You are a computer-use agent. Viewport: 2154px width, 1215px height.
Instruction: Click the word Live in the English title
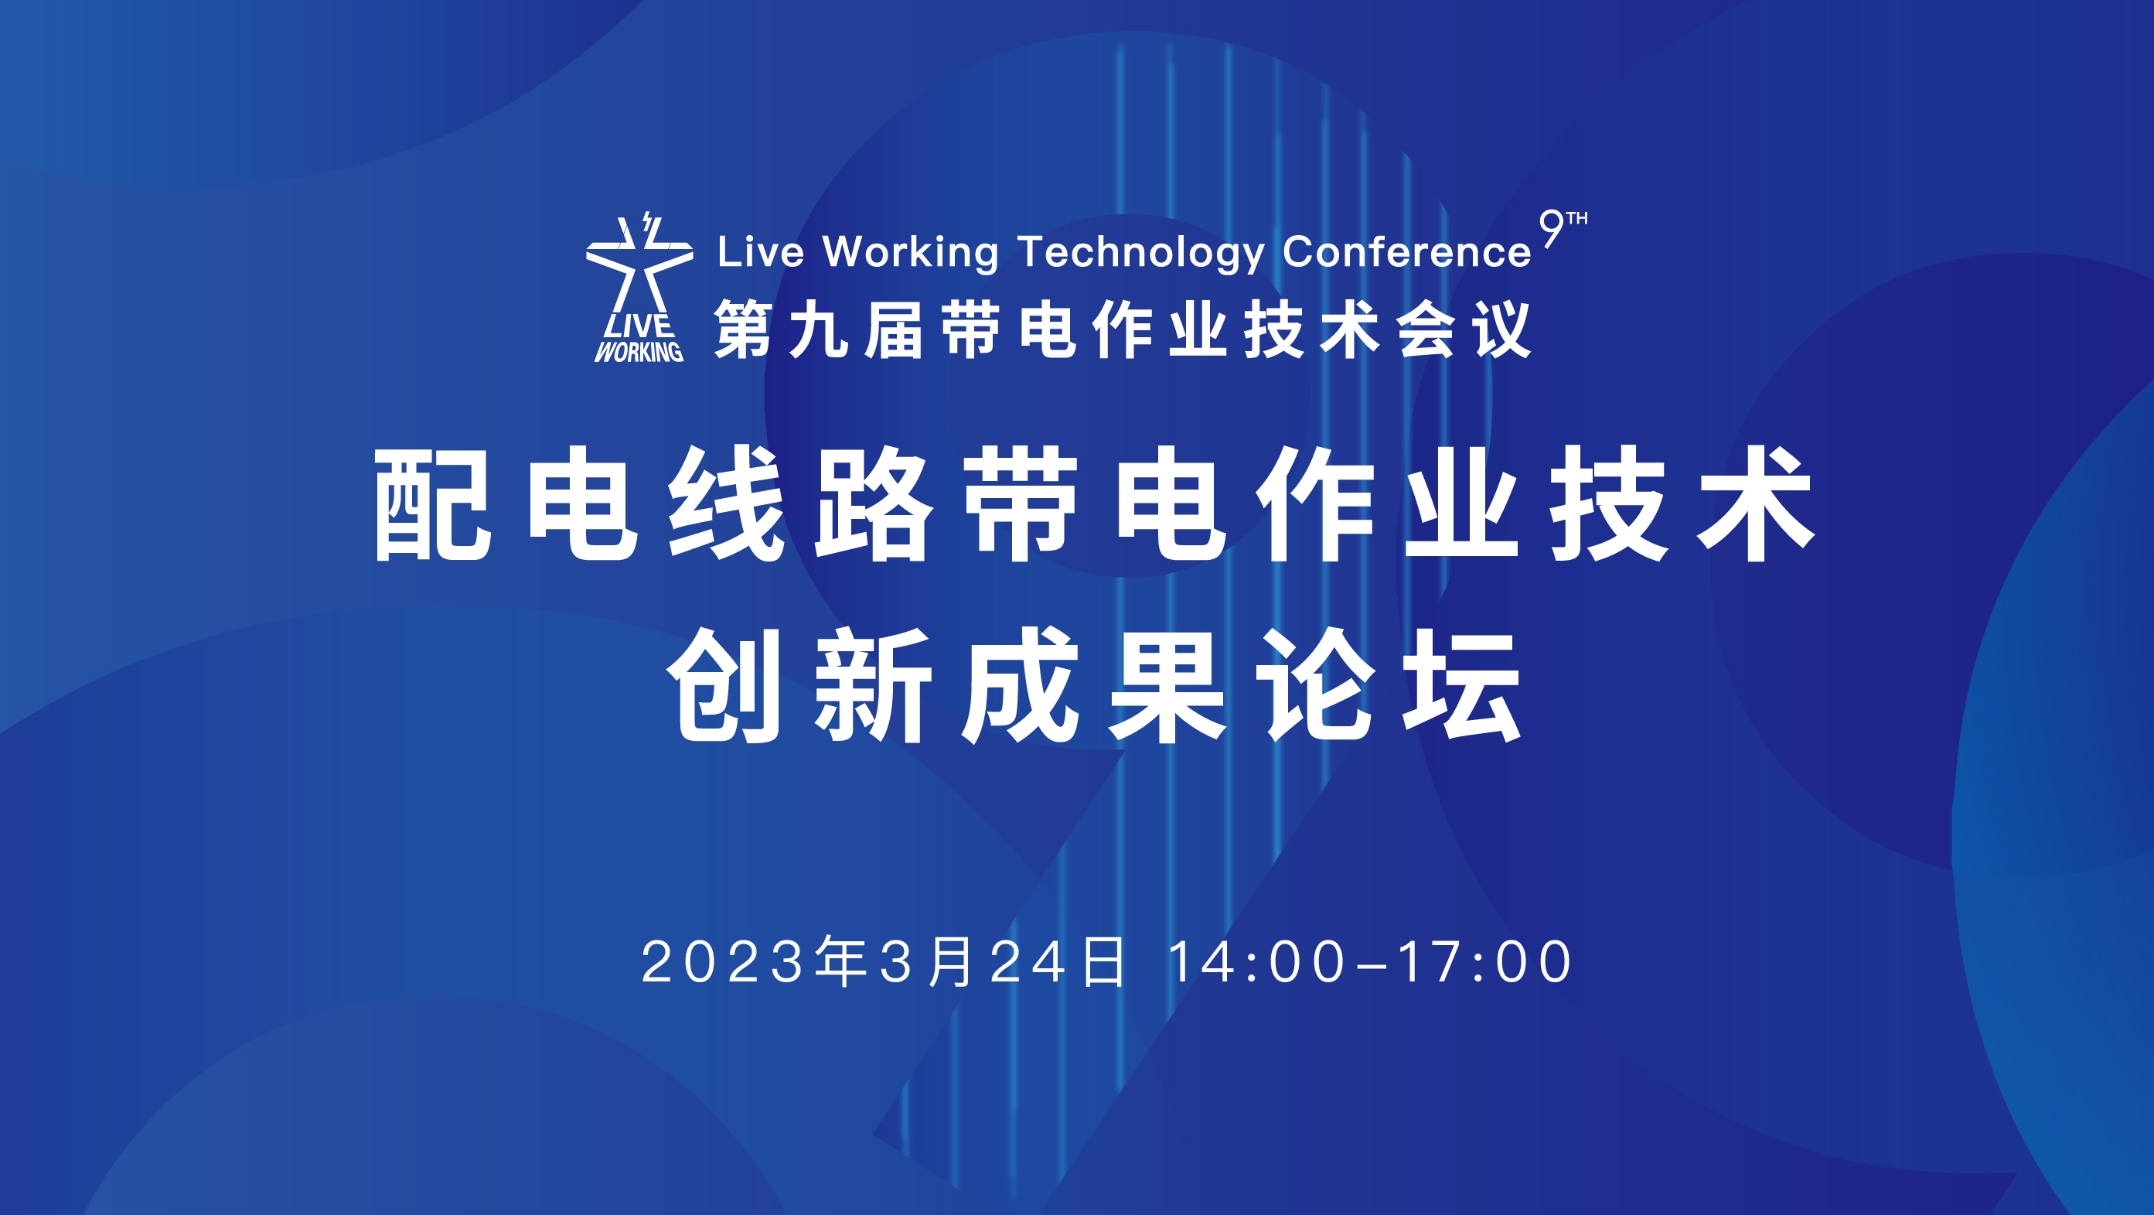tap(761, 251)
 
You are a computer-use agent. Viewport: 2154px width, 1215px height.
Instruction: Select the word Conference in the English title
tap(1406, 251)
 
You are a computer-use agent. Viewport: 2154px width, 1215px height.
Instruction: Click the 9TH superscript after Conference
tap(1563, 228)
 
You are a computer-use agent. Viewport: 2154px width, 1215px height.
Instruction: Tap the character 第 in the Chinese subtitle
tap(742, 329)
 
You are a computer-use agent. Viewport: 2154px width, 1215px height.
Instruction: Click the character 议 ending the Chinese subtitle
tap(1501, 329)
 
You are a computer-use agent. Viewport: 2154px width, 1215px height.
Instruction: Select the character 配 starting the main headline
tap(431, 504)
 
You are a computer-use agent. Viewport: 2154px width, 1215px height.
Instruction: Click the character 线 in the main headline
tap(726, 504)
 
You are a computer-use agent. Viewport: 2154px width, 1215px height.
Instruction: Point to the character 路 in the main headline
tap(873, 504)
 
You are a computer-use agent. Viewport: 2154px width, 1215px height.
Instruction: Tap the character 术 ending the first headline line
tap(1756, 504)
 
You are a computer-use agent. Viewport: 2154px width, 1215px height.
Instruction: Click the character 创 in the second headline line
tap(724, 686)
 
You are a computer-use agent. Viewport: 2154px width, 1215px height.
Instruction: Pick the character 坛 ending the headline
tap(1461, 686)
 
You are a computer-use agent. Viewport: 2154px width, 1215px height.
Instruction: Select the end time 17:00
tap(1484, 961)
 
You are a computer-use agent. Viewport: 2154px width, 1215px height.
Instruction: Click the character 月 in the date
tap(951, 961)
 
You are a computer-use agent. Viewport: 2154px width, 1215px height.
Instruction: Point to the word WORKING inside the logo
tap(639, 352)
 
